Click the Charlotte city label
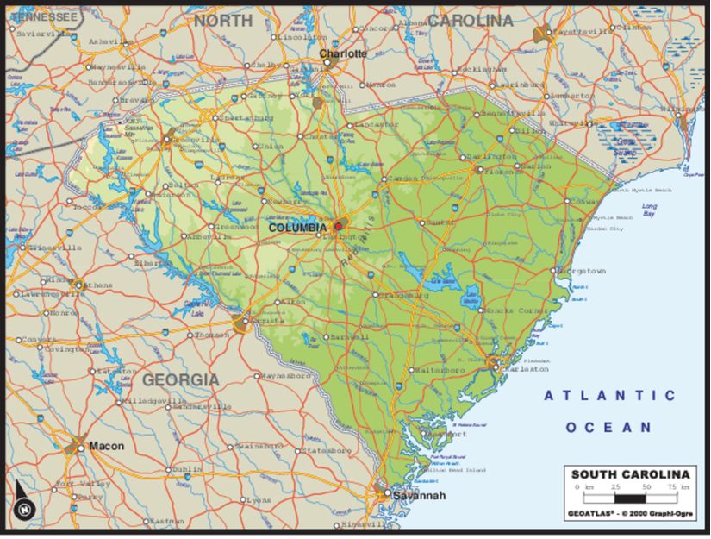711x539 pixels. (343, 53)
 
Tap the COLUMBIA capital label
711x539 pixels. (297, 228)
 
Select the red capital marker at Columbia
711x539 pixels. (338, 227)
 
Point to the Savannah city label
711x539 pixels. (419, 496)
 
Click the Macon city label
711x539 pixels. (107, 446)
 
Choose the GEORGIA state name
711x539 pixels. (180, 379)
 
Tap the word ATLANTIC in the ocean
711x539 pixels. (609, 395)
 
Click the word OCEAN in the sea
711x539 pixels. (609, 427)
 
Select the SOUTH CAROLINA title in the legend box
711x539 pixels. (630, 474)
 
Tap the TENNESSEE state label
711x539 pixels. (43, 16)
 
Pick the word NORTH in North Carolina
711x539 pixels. (223, 20)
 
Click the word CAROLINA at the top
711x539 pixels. (470, 20)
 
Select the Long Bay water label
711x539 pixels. (649, 210)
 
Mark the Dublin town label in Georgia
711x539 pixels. (187, 469)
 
